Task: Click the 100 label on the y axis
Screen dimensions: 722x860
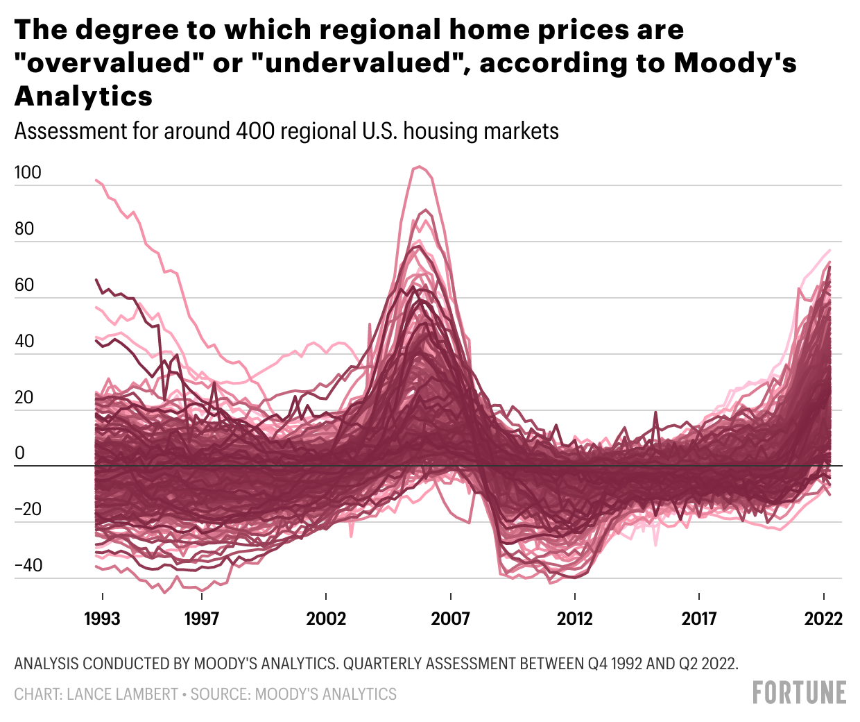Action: point(28,173)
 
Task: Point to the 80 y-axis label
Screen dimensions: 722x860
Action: point(24,229)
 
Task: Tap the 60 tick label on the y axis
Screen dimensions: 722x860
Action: point(24,285)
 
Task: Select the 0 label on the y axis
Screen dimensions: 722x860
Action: point(19,453)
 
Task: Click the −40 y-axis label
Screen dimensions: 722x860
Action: point(28,566)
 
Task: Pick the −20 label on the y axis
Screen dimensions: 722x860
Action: point(28,510)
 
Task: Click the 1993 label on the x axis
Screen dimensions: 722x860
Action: point(102,619)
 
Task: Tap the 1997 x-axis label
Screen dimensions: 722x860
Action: point(201,619)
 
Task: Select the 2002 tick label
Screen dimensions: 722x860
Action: point(326,619)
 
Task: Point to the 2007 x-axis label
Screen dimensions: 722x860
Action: point(450,619)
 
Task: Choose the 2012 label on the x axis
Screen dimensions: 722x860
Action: point(575,619)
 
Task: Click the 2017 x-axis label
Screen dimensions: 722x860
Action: point(699,619)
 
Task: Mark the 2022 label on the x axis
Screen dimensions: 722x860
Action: point(823,619)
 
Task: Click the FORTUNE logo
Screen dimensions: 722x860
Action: point(799,693)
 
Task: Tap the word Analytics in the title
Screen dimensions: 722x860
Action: point(83,96)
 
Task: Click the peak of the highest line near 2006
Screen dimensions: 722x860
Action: point(418,167)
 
